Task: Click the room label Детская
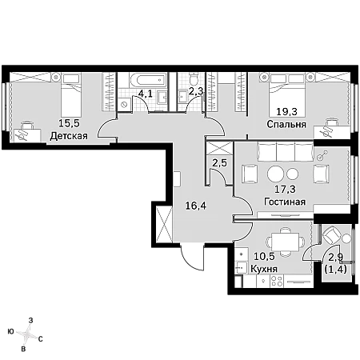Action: coord(69,136)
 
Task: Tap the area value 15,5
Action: coord(69,123)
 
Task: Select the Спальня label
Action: coord(286,124)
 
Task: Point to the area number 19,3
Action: coord(286,111)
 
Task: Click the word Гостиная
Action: coord(285,202)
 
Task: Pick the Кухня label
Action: coord(264,269)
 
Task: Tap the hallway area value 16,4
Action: coord(196,206)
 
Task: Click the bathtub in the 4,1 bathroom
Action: coord(148,79)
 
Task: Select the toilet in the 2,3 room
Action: coord(193,78)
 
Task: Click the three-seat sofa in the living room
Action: coord(285,151)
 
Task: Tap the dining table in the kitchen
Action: coord(286,242)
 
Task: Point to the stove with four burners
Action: coord(277,281)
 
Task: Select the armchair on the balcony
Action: coord(331,235)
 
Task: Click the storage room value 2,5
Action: coord(219,162)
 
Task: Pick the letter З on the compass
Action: coord(31,320)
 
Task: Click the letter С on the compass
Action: coord(40,339)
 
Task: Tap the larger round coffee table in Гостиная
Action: coord(275,174)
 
